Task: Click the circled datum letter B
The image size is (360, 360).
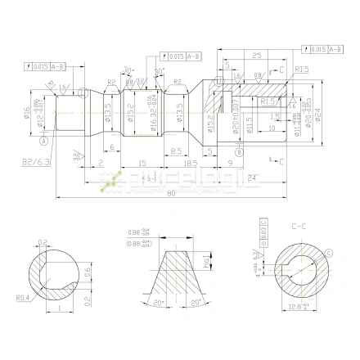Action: [x=238, y=151]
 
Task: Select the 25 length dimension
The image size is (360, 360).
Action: [x=256, y=56]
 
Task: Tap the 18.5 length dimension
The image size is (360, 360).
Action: [x=191, y=164]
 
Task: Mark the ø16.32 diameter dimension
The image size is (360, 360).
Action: [x=152, y=115]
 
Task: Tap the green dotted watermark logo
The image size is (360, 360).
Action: [x=112, y=182]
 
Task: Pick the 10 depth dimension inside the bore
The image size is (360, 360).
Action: [x=270, y=128]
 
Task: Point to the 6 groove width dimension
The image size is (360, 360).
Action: [x=112, y=147]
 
